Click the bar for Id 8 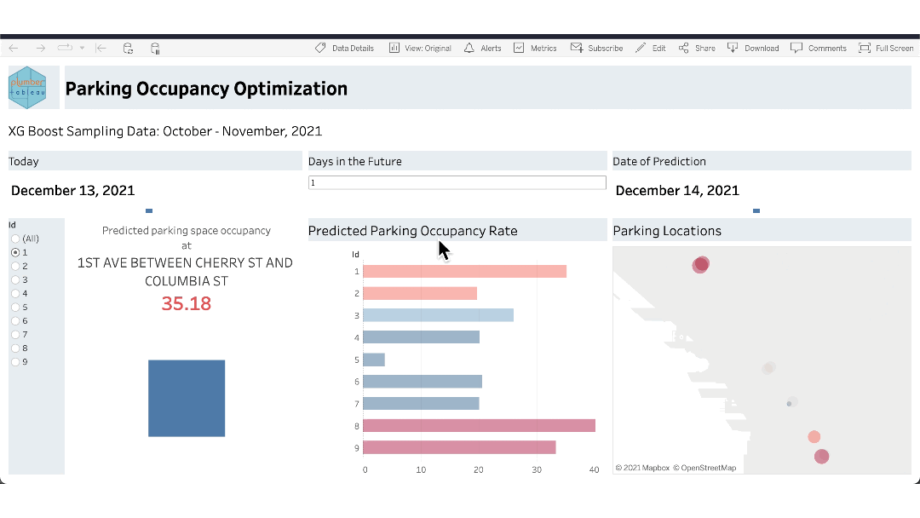(479, 425)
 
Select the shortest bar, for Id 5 (374, 360)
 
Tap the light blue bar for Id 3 (438, 315)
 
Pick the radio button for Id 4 (15, 293)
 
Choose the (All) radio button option (15, 239)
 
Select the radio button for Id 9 (15, 361)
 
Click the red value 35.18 (187, 304)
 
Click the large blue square (187, 398)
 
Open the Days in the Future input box (457, 183)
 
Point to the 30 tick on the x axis (537, 469)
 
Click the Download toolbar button (753, 49)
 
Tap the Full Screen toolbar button (886, 49)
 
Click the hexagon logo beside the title (27, 88)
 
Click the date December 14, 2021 (677, 191)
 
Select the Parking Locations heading (667, 231)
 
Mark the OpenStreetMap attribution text (704, 468)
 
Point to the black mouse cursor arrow (444, 250)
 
